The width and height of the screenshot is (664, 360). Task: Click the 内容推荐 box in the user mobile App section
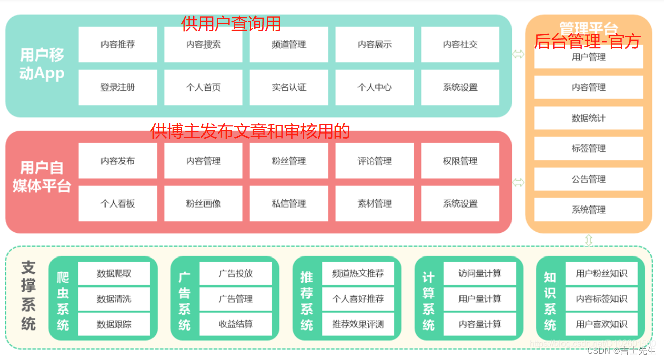click(x=118, y=44)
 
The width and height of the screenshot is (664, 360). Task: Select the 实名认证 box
click(x=289, y=87)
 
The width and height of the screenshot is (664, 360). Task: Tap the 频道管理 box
click(x=289, y=44)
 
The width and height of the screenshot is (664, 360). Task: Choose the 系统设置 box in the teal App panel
click(x=460, y=87)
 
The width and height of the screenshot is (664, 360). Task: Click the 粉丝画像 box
click(x=203, y=203)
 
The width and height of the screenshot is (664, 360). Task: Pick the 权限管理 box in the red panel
click(x=460, y=161)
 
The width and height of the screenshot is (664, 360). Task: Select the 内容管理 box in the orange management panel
click(x=588, y=87)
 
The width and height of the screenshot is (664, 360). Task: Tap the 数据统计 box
click(x=588, y=118)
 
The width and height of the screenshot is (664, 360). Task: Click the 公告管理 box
click(x=588, y=179)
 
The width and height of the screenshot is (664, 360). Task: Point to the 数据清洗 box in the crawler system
click(x=114, y=299)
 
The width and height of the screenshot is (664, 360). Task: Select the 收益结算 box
click(x=236, y=324)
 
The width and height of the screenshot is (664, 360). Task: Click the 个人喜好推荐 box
click(x=358, y=299)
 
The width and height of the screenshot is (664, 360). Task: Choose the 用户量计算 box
click(x=480, y=299)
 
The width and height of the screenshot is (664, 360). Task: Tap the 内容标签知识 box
click(x=601, y=299)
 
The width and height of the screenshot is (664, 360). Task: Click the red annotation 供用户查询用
click(x=231, y=23)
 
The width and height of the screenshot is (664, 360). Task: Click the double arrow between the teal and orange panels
click(x=518, y=54)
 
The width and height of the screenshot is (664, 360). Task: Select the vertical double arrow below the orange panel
click(x=588, y=240)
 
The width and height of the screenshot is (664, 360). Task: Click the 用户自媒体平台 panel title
click(x=41, y=177)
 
